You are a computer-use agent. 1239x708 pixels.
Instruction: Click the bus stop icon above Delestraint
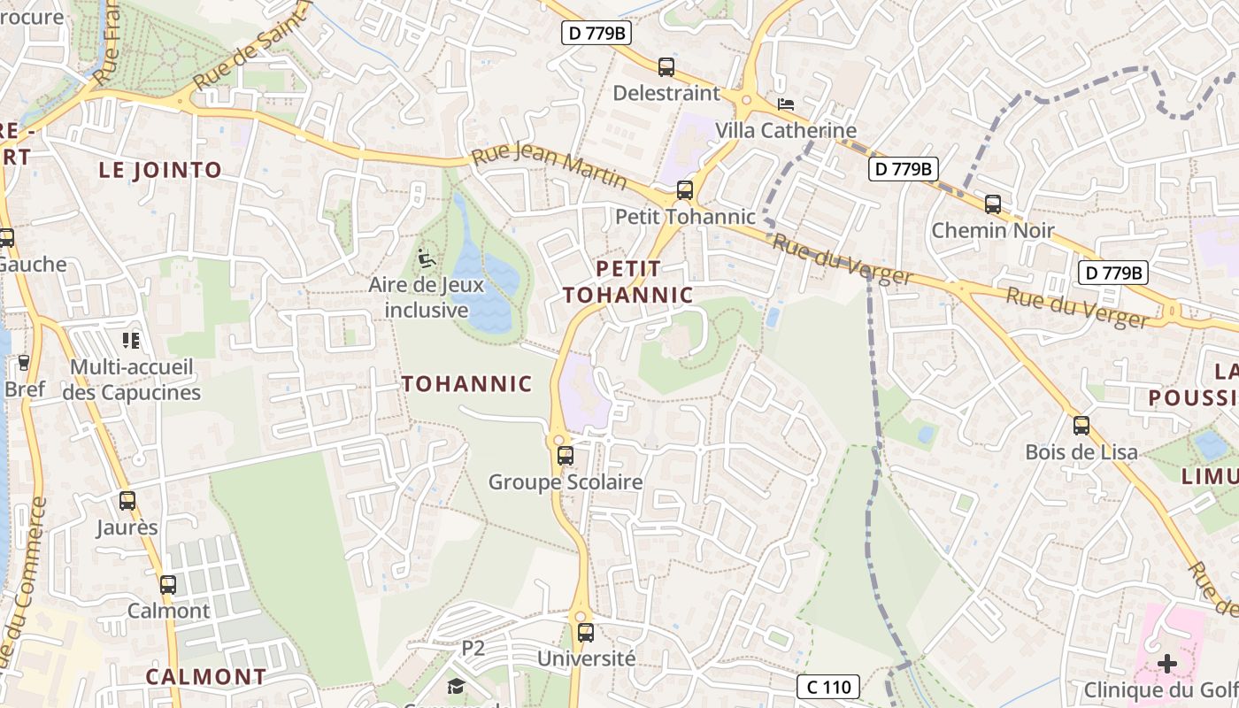(x=666, y=67)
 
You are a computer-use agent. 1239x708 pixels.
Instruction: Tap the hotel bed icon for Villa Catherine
(x=785, y=104)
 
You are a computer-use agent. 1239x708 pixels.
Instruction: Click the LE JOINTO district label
(x=160, y=171)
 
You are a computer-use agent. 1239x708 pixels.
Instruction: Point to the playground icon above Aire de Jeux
(x=427, y=259)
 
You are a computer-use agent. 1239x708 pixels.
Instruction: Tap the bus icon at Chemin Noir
(x=993, y=204)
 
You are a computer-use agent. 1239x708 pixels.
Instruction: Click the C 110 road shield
(x=828, y=687)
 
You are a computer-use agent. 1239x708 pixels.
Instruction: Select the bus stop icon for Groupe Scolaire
(x=565, y=456)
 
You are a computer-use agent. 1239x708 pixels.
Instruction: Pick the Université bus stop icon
(x=586, y=633)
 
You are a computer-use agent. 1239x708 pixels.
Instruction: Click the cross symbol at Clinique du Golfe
(x=1167, y=664)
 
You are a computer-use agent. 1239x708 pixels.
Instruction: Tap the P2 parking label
(x=473, y=648)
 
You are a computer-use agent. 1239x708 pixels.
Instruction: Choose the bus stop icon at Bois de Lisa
(x=1081, y=426)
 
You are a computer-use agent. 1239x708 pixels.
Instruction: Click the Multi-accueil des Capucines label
(x=132, y=380)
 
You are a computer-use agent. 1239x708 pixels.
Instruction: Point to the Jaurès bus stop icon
(x=127, y=501)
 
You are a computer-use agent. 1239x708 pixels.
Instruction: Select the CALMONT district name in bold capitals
(x=206, y=677)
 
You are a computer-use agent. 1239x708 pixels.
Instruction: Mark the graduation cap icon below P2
(x=456, y=686)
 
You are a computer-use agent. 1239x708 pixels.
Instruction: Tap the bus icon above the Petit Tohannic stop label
(x=684, y=190)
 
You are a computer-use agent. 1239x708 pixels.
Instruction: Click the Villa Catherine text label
(x=786, y=131)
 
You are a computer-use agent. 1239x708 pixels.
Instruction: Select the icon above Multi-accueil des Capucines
(x=131, y=341)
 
